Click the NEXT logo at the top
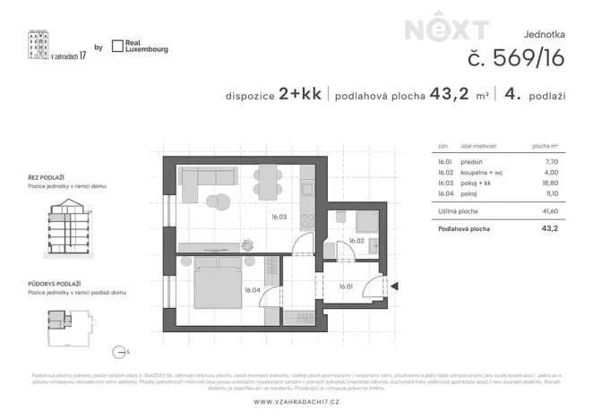[x=447, y=30]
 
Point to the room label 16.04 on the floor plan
[x=252, y=289]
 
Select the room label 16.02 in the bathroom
[x=356, y=241]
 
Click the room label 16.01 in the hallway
[x=346, y=286]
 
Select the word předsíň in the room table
[x=472, y=163]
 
